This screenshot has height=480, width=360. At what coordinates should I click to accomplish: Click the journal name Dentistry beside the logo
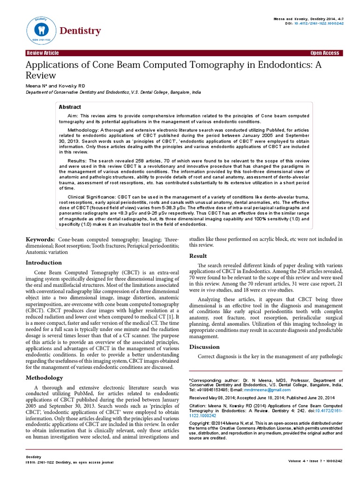click(x=80, y=31)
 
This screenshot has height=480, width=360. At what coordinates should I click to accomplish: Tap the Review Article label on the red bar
click(x=43, y=53)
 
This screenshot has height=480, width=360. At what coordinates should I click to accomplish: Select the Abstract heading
click(x=70, y=107)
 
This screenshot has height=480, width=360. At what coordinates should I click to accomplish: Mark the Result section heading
click(x=198, y=256)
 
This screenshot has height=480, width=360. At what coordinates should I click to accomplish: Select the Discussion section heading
click(x=204, y=347)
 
